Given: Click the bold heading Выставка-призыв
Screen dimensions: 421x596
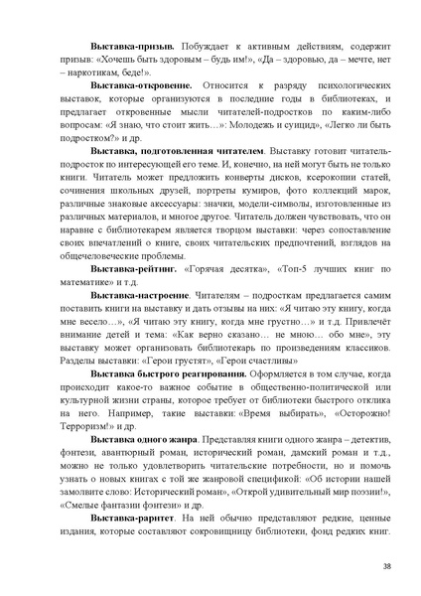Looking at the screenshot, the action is (x=132, y=47).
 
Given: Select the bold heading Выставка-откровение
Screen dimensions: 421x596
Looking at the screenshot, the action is (x=140, y=87).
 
